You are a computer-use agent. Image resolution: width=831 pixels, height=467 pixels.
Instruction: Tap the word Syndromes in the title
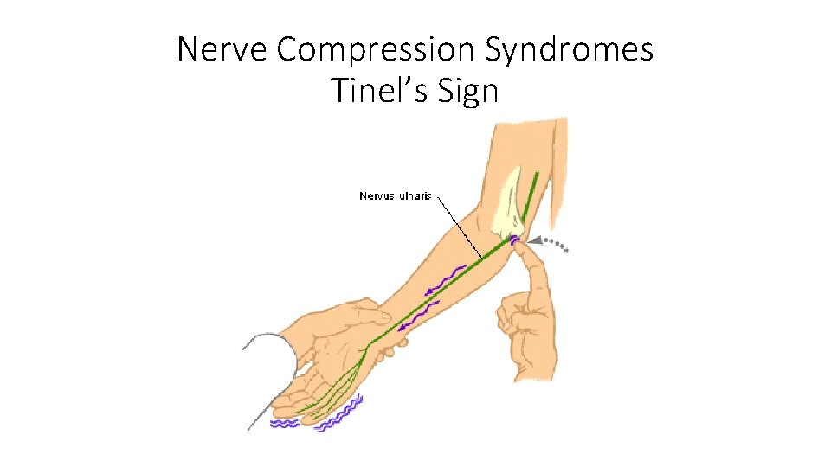coord(569,50)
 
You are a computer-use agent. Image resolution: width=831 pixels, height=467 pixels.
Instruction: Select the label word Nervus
coord(377,196)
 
